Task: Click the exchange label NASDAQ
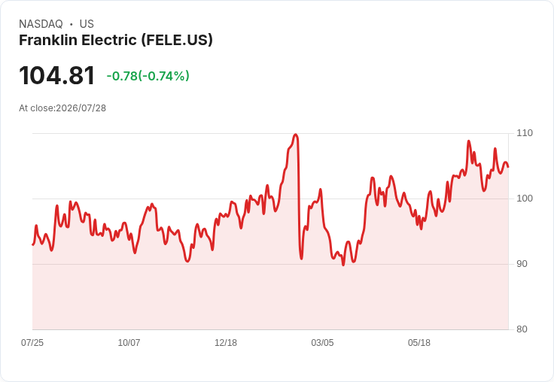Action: point(41,24)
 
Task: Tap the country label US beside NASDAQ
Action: point(87,24)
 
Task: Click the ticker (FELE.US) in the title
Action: point(177,41)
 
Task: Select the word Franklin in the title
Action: point(48,40)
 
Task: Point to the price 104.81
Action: point(57,75)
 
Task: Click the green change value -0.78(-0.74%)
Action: point(148,76)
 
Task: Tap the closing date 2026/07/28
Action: point(81,108)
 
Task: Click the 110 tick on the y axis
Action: point(525,133)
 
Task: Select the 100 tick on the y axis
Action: point(525,199)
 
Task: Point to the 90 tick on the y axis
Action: point(522,264)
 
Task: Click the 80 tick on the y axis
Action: point(522,329)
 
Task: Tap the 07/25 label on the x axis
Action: point(32,343)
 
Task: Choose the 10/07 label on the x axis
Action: point(129,343)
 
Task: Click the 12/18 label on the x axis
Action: point(226,343)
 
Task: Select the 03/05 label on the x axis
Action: point(322,343)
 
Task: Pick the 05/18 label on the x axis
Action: point(419,343)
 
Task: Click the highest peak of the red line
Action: point(296,135)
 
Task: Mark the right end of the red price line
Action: point(508,167)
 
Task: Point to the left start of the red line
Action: point(33,244)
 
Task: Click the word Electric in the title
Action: point(109,40)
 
